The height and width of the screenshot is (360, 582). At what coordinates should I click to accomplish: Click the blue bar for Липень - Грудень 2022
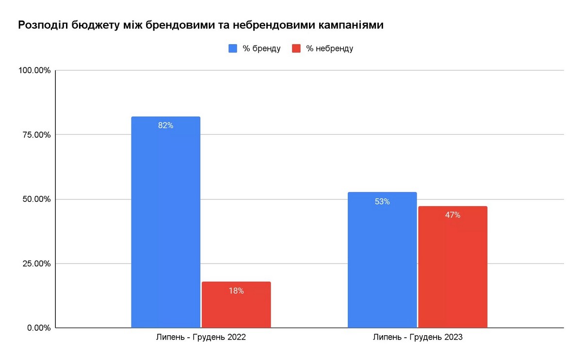coord(165,223)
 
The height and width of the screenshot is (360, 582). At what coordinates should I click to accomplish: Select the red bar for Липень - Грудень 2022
coord(236,306)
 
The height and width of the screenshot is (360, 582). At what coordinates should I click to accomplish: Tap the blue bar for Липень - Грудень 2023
coord(382,262)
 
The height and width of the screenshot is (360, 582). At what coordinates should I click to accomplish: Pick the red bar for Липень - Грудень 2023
coord(453,269)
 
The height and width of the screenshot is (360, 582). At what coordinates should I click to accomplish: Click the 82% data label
coord(165,125)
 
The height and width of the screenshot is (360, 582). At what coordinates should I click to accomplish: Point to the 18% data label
coord(236,291)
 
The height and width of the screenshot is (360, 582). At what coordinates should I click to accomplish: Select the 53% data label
coord(382,201)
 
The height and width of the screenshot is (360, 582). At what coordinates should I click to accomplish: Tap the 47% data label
coord(453,215)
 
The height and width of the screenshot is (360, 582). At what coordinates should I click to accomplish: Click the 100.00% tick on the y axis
coord(34,71)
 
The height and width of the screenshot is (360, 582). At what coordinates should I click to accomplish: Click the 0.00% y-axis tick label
coord(38,328)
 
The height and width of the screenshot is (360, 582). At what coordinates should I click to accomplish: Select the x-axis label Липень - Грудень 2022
coord(201,337)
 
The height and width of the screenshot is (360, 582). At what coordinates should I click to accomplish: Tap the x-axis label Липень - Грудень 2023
coord(418,337)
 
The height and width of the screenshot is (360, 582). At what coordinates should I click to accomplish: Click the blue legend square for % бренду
coord(233,49)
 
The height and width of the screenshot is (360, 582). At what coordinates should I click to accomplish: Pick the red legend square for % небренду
coord(296,49)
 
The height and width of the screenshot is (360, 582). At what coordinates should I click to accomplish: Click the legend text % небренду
coord(329,49)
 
